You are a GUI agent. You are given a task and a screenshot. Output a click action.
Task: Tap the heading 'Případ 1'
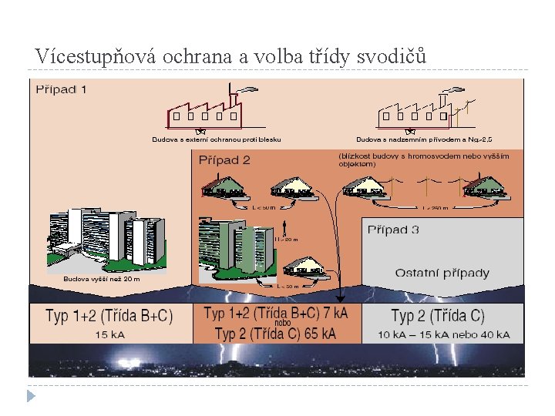62,89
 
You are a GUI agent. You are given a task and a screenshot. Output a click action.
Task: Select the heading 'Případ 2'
224,160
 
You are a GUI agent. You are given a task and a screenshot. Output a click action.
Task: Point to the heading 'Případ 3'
393,230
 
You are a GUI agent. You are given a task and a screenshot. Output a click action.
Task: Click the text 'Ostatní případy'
442,273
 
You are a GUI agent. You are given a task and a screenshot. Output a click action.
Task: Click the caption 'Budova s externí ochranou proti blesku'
216,139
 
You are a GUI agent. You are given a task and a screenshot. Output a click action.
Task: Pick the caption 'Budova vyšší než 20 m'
102,279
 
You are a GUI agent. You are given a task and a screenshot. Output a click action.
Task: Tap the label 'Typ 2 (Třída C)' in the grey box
438,316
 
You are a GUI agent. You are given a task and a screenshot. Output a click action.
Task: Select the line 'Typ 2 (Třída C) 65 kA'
275,334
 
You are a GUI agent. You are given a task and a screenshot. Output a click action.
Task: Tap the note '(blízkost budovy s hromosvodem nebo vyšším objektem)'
422,159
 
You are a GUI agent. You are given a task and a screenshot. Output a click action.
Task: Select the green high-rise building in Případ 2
235,243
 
